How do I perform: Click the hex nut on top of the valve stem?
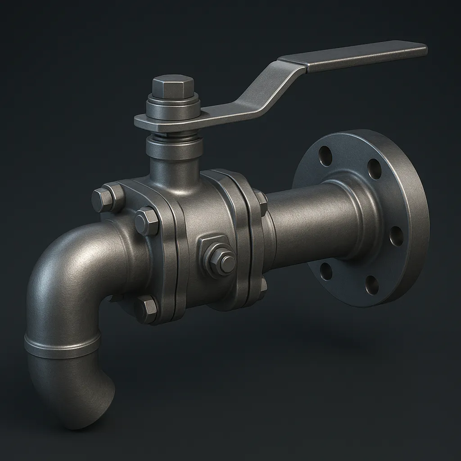point(173,86)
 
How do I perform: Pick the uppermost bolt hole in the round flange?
point(325,156)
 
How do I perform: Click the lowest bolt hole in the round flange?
point(372,285)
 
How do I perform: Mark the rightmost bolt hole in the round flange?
point(396,236)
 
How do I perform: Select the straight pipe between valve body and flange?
point(306,225)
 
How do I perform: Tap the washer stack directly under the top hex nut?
point(173,107)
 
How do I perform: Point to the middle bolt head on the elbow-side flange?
point(146,221)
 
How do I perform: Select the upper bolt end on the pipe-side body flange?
point(261,202)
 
